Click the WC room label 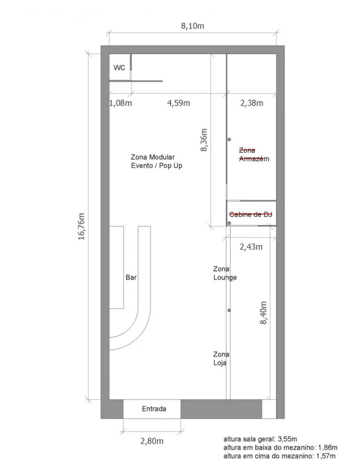[x=119, y=68]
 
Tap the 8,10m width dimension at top [x=193, y=27]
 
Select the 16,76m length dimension [x=82, y=226]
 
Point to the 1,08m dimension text [x=120, y=103]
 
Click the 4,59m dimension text [x=179, y=103]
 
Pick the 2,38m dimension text [x=252, y=103]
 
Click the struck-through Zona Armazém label [x=254, y=155]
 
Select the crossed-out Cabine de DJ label [x=251, y=214]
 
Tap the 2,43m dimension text [x=251, y=247]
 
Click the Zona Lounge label [x=225, y=273]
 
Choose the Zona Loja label [x=221, y=359]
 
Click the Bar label [x=131, y=277]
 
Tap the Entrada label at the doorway [x=154, y=409]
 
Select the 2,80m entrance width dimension [x=152, y=441]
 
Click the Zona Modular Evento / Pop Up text [x=156, y=161]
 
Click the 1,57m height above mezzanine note [x=279, y=456]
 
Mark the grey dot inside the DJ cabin [x=229, y=223]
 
